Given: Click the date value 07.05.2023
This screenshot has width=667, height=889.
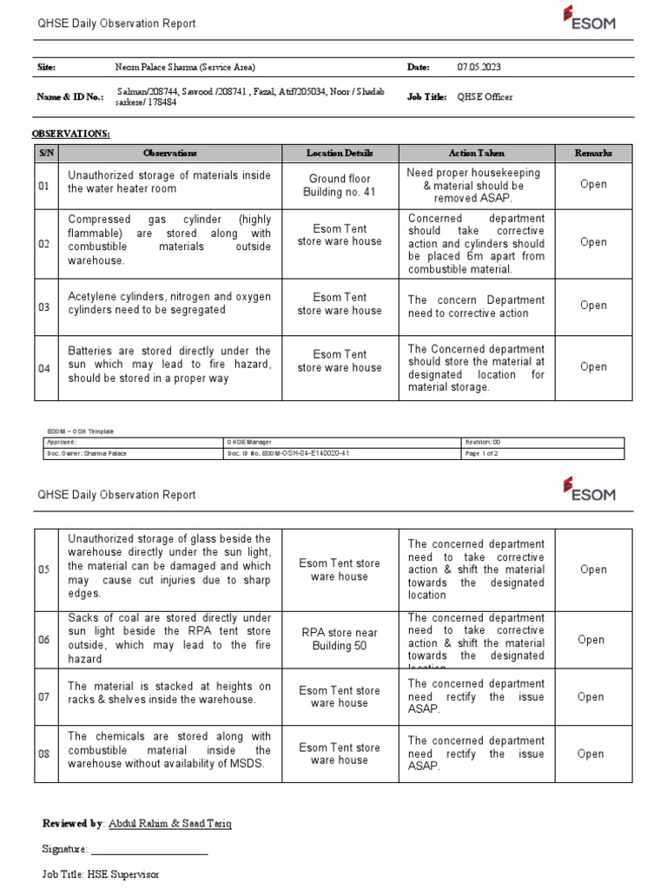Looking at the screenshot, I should (479, 67).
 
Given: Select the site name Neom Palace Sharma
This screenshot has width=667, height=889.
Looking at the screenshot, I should (185, 67).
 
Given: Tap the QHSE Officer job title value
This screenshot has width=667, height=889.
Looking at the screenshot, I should (485, 97).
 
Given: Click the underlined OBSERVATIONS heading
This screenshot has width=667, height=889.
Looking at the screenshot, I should (71, 134).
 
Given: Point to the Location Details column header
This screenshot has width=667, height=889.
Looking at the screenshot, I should (340, 153).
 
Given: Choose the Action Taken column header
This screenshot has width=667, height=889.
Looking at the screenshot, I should (476, 153).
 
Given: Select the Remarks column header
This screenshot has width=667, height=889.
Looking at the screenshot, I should (593, 153).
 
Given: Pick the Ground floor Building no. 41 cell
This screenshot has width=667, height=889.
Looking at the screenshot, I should (340, 185).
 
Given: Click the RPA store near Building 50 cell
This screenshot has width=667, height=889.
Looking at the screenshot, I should (340, 640).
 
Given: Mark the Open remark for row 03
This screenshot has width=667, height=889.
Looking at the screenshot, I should (593, 306).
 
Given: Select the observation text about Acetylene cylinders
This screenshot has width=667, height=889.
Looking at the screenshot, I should (169, 304).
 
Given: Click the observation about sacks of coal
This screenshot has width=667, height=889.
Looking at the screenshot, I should (169, 639).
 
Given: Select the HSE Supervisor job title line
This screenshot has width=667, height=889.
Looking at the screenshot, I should (101, 875).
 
